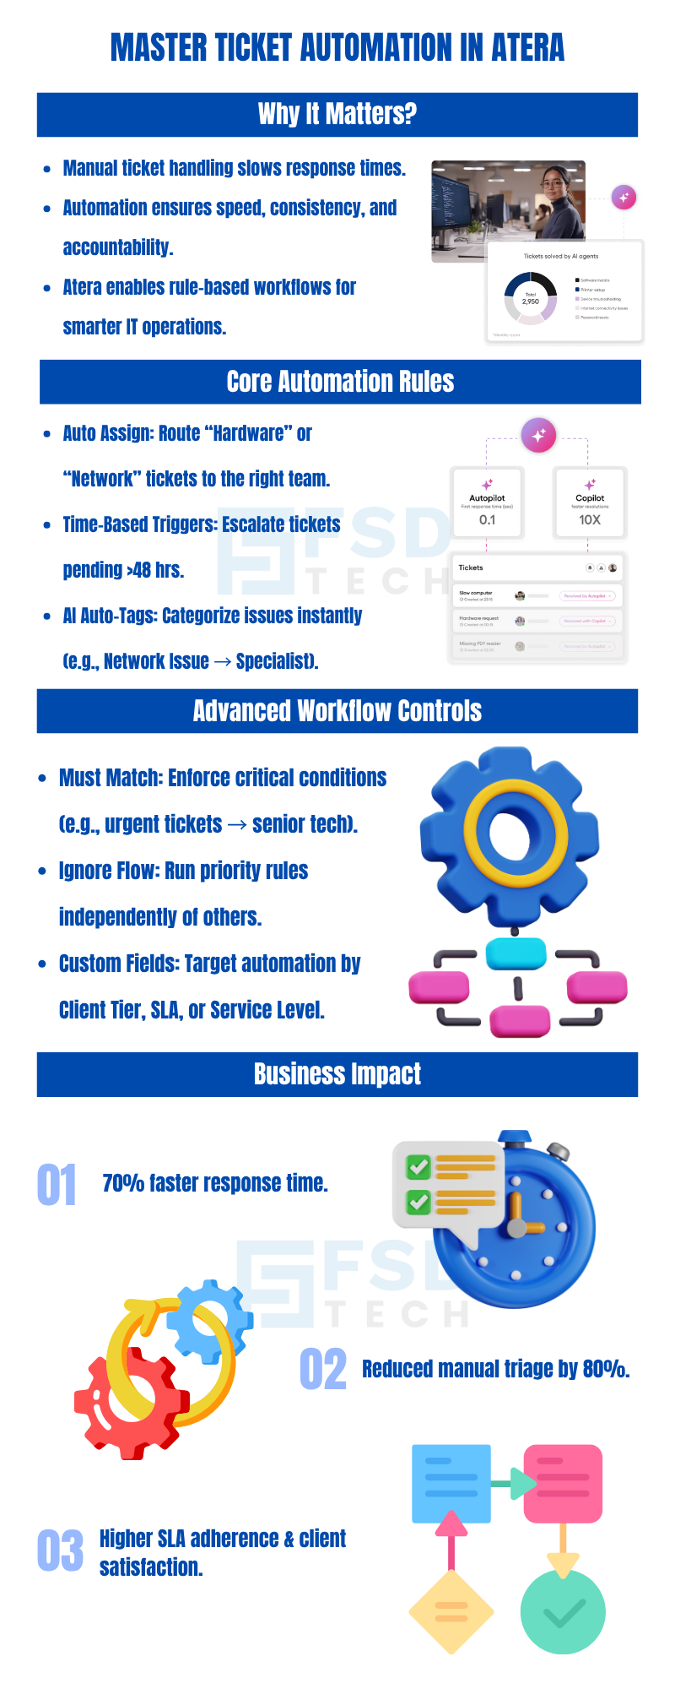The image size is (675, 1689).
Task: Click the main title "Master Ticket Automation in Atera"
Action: tap(337, 47)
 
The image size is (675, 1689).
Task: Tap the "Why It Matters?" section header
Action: tap(337, 114)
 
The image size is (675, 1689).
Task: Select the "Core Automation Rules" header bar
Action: tap(340, 382)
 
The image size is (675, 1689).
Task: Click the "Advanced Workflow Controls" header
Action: tap(337, 711)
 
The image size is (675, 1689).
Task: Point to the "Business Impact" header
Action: tap(337, 1074)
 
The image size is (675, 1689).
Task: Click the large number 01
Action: tap(57, 1185)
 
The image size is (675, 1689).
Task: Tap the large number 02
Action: tap(323, 1369)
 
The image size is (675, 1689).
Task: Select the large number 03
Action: tap(60, 1551)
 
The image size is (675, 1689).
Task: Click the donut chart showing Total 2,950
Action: tap(531, 298)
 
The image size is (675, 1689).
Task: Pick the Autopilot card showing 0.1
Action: tap(487, 502)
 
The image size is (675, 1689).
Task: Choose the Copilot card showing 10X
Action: tap(590, 502)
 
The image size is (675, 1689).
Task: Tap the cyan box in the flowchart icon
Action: tap(516, 954)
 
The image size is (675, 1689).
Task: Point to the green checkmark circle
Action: tap(563, 1613)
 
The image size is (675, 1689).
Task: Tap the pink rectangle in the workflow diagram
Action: tap(563, 1484)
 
